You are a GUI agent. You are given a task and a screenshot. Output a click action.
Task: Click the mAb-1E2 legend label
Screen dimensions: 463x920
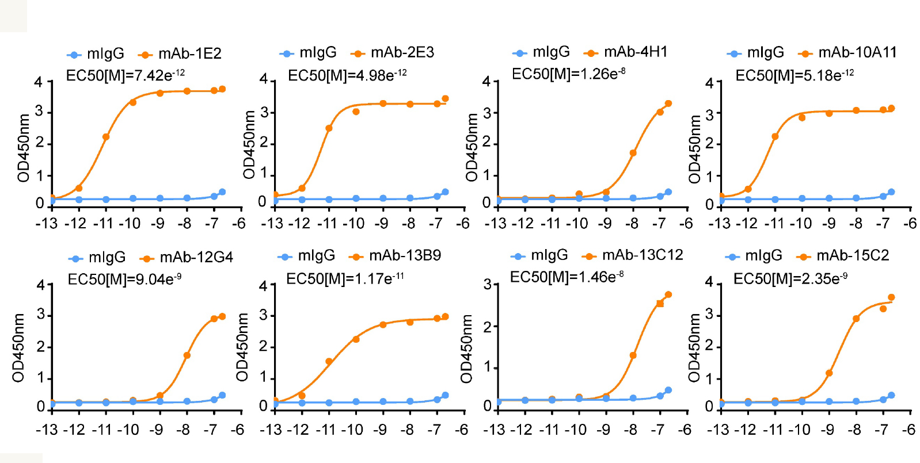click(x=189, y=54)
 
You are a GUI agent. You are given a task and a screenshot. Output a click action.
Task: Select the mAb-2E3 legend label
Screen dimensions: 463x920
click(x=402, y=53)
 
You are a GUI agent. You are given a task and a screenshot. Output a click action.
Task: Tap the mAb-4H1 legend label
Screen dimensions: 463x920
click(x=635, y=52)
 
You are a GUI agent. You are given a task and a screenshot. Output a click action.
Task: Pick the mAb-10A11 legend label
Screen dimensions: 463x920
click(x=857, y=53)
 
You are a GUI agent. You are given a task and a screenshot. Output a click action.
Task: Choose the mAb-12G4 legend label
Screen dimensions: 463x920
click(x=196, y=257)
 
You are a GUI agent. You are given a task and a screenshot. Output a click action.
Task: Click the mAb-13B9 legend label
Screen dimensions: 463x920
click(x=405, y=255)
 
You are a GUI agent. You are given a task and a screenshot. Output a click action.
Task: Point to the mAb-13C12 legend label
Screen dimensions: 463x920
click(x=642, y=255)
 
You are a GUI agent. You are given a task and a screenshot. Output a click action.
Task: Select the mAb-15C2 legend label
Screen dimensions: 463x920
click(x=852, y=255)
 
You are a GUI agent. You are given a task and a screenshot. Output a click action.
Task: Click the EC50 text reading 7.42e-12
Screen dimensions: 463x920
click(x=126, y=75)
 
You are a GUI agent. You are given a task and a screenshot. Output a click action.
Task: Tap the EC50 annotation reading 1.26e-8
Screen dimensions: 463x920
click(x=568, y=74)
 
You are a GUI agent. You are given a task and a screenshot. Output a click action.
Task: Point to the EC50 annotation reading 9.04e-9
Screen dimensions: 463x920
click(x=124, y=280)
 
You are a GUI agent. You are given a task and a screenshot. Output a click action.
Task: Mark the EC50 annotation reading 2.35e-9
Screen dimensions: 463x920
click(x=790, y=279)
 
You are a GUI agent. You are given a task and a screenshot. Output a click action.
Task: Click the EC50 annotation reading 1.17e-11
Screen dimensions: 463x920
click(x=345, y=279)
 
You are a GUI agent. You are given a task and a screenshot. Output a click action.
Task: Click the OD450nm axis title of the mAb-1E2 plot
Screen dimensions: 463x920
click(x=24, y=148)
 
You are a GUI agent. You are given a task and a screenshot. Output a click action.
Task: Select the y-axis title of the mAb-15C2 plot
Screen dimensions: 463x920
click(x=694, y=348)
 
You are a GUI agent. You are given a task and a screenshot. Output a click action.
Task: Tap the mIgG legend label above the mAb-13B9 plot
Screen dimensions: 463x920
click(x=316, y=255)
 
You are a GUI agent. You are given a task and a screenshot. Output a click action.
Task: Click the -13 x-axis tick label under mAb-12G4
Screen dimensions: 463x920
click(x=47, y=430)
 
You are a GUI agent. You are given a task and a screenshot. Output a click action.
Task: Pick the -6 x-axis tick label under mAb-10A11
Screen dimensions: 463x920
click(x=910, y=223)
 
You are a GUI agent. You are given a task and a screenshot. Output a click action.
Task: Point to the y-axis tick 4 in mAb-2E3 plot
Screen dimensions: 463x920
click(x=263, y=79)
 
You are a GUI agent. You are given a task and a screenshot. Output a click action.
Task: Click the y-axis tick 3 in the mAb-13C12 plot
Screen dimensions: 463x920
click(x=487, y=284)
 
